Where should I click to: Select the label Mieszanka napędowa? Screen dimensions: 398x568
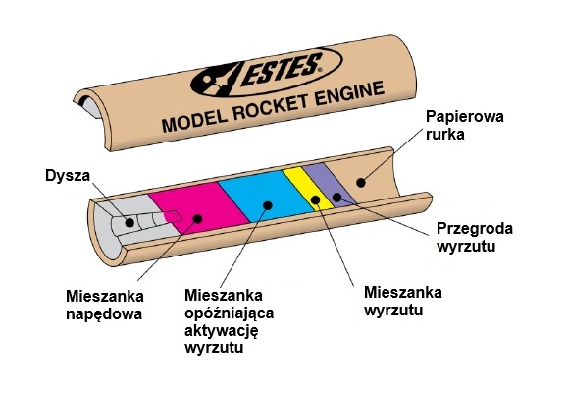[104, 305]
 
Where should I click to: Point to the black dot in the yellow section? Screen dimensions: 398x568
[315, 200]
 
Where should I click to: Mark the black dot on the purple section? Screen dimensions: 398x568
[336, 198]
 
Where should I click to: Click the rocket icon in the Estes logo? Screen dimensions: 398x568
[219, 78]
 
